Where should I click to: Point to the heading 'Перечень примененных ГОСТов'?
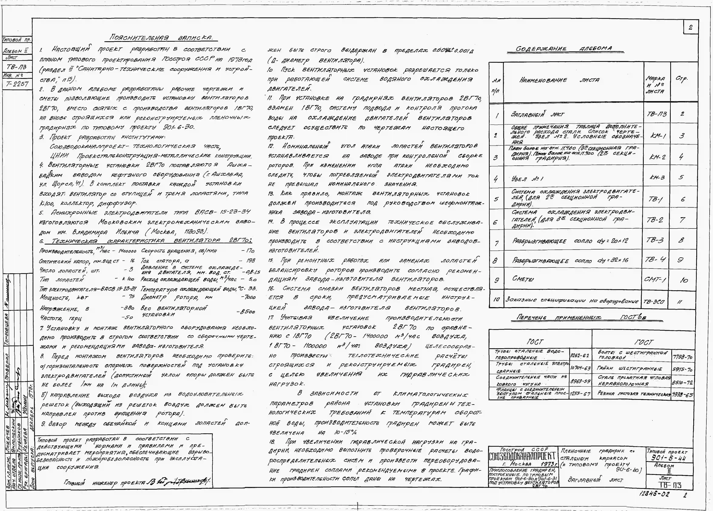589,318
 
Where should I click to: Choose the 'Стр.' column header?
682,79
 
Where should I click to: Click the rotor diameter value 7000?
248,297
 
